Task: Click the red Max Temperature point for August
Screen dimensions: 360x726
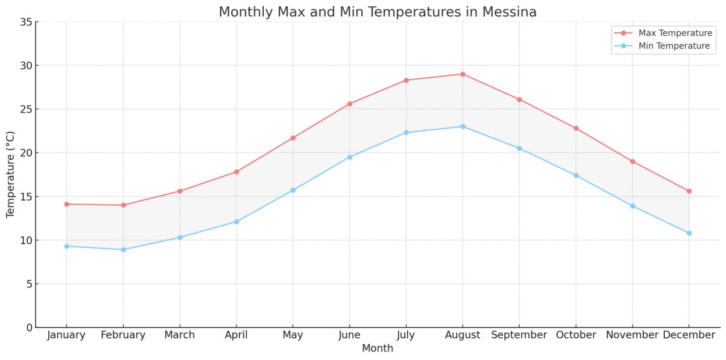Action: point(462,74)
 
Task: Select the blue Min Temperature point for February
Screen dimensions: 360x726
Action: point(123,249)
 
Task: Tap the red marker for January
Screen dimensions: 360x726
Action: point(66,204)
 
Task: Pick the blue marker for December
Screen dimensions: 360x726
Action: point(689,233)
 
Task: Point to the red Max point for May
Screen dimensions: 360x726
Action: point(293,138)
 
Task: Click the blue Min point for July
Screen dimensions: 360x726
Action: point(406,133)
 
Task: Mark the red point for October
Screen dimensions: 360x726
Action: point(576,128)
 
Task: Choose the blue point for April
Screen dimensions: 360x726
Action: point(237,222)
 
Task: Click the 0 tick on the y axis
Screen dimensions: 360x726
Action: point(28,327)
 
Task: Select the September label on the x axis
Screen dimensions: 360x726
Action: point(519,335)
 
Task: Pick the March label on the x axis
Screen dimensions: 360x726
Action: point(179,335)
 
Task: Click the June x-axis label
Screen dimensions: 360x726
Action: point(349,335)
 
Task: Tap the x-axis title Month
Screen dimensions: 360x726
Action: point(377,348)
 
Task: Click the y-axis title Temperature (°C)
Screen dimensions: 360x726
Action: point(11,175)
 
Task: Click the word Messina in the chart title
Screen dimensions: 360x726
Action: point(510,12)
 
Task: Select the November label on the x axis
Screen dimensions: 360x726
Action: point(632,335)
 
